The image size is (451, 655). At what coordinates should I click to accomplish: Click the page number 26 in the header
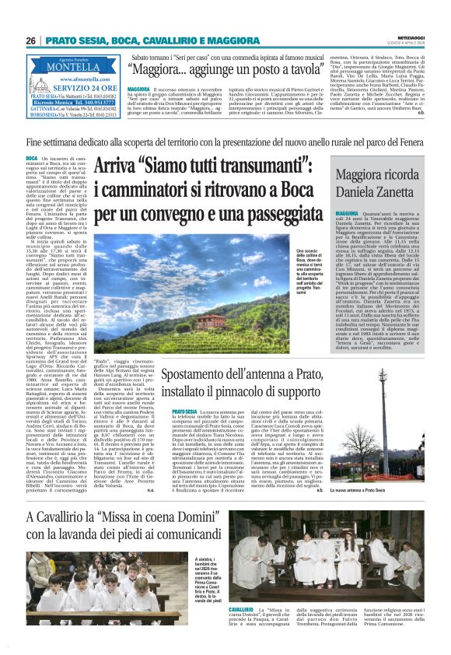(x=31, y=40)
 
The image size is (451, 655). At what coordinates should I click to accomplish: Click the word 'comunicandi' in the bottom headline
(x=196, y=534)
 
